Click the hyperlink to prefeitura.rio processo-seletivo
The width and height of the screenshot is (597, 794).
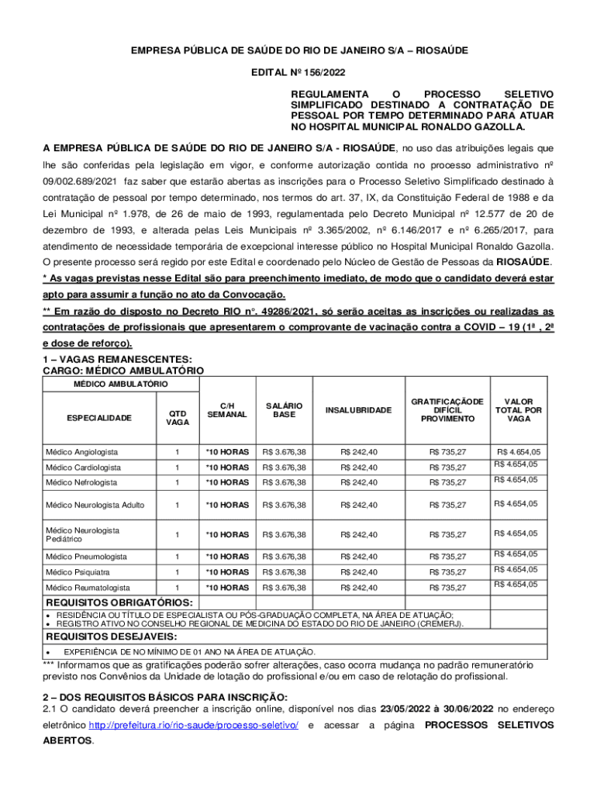click(x=194, y=725)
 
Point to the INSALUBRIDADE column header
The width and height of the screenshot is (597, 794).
click(x=358, y=409)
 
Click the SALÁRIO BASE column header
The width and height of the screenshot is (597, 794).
click(x=284, y=409)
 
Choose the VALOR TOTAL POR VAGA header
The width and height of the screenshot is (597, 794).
click(x=519, y=409)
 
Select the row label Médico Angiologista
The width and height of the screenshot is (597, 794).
click(x=81, y=451)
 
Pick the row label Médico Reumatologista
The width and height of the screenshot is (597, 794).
click(x=88, y=588)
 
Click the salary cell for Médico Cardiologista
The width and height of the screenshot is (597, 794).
click(x=284, y=468)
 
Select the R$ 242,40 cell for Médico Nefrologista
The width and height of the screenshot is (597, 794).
click(x=358, y=482)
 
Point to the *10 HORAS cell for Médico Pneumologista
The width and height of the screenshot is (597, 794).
click(x=226, y=557)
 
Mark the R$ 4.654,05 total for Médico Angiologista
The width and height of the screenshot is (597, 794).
click(x=519, y=451)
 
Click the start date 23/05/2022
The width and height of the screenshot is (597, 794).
click(x=411, y=708)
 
